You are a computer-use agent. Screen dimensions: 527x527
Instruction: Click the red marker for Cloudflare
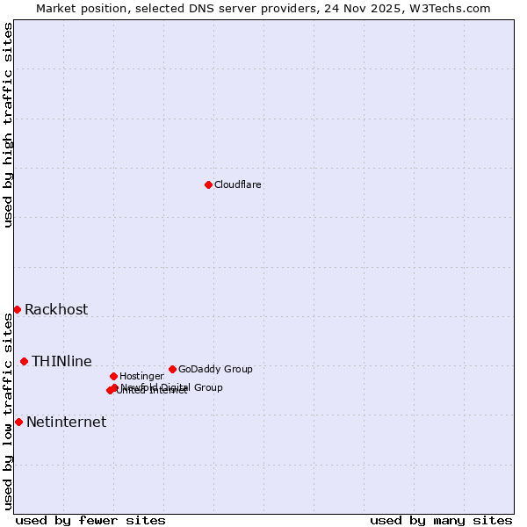point(208,184)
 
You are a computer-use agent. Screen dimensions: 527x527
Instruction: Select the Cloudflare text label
point(238,184)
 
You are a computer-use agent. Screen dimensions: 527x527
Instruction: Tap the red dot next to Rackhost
point(17,309)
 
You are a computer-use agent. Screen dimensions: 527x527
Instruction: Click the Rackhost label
point(56,309)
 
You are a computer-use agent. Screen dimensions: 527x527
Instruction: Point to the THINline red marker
point(24,361)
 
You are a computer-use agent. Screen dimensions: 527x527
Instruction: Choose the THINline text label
point(61,361)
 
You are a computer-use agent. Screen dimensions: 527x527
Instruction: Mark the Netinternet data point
point(18,422)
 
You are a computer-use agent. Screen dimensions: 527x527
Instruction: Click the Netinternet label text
point(66,422)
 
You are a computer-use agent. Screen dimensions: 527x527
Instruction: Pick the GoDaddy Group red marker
point(172,369)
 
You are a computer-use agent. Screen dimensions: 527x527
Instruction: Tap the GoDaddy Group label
point(215,369)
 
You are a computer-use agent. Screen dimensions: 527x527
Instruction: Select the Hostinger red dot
point(113,376)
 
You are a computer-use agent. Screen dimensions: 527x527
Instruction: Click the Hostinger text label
point(141,376)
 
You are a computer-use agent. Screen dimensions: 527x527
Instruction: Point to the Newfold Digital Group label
point(171,386)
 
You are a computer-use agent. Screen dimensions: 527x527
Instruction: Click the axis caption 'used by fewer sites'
point(90,520)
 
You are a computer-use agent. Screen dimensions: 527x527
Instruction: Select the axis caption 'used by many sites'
point(441,520)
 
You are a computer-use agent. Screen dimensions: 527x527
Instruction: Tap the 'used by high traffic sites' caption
point(8,125)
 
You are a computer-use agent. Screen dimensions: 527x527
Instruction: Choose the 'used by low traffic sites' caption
point(8,411)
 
